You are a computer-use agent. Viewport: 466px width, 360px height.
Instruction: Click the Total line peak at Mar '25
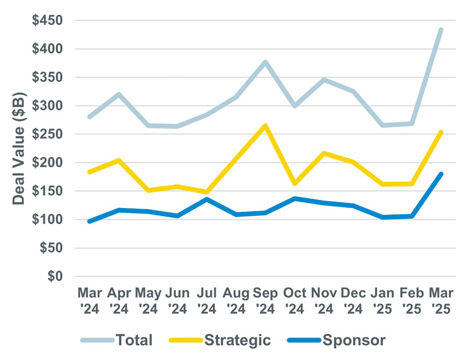pyautogui.click(x=441, y=30)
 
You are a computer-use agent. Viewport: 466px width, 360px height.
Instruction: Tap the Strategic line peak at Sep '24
pyautogui.click(x=265, y=126)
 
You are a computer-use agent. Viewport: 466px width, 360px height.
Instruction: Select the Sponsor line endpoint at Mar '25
pyautogui.click(x=441, y=174)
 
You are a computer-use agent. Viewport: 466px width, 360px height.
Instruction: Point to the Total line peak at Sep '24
pyautogui.click(x=265, y=62)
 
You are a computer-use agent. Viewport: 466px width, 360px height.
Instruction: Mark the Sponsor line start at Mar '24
pyautogui.click(x=89, y=221)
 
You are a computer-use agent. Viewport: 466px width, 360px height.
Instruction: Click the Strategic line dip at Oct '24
pyautogui.click(x=295, y=184)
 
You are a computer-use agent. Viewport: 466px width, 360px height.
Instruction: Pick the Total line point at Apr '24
pyautogui.click(x=119, y=94)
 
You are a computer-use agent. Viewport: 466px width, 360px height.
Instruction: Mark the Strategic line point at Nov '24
pyautogui.click(x=324, y=153)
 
